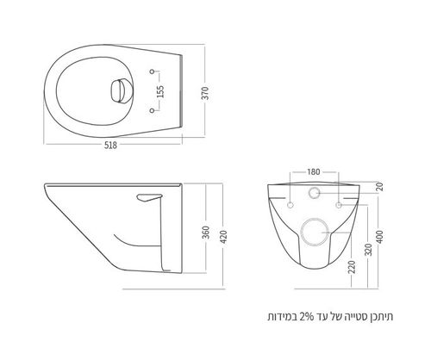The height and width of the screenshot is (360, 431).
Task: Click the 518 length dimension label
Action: (110, 146)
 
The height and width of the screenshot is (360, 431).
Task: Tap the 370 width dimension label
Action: (206, 93)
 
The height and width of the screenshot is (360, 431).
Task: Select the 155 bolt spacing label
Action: (160, 91)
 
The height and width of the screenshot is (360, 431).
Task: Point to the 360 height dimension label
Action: (206, 233)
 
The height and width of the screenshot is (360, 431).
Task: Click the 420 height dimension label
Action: (224, 237)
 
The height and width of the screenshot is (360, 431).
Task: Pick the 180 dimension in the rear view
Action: (314, 171)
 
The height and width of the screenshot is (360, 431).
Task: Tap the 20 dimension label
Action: (380, 187)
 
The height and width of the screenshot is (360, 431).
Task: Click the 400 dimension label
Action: (380, 237)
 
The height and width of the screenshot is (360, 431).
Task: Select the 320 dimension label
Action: (370, 250)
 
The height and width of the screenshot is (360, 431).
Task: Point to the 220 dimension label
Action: (352, 267)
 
